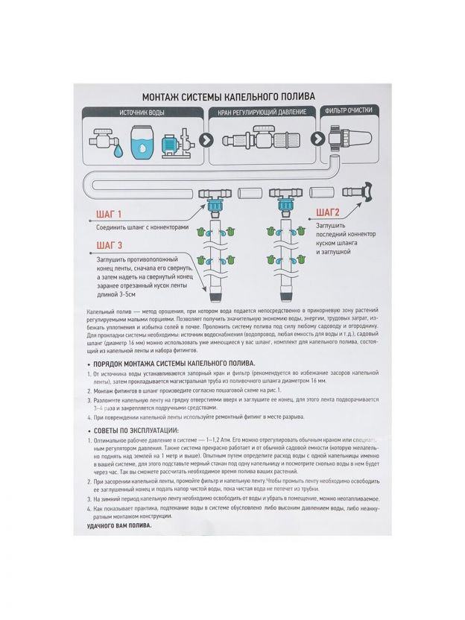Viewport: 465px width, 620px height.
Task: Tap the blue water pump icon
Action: pyautogui.click(x=177, y=142)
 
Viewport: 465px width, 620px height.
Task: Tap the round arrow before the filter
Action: pyautogui.click(x=314, y=140)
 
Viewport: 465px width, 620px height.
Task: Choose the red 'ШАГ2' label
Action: pyautogui.click(x=329, y=211)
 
